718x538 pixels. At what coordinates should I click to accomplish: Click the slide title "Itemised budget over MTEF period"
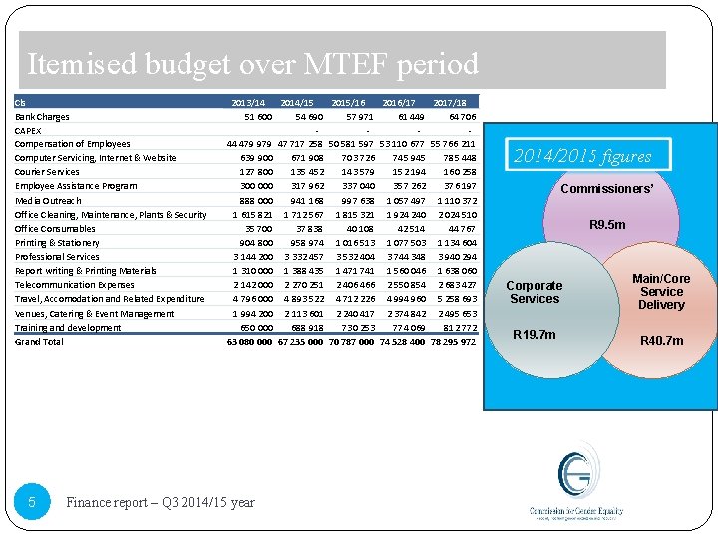tap(253, 65)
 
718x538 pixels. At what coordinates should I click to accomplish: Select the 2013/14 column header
tap(248, 102)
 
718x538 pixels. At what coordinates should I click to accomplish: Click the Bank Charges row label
tap(42, 116)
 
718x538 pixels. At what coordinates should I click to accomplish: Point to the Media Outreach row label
tap(49, 200)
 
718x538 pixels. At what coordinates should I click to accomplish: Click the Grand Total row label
tap(39, 341)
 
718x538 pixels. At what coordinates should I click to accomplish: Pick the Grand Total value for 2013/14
tap(249, 341)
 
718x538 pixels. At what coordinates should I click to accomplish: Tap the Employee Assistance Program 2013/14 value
tap(255, 186)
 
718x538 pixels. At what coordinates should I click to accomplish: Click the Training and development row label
tap(67, 327)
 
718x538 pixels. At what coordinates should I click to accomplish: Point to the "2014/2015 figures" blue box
tap(581, 156)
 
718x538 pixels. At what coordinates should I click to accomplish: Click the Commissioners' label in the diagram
tap(607, 188)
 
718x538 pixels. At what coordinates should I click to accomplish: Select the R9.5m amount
tap(607, 225)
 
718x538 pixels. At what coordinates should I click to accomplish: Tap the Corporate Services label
tap(536, 292)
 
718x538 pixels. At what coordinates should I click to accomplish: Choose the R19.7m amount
tap(534, 335)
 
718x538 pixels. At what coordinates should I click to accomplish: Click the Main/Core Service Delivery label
tap(661, 292)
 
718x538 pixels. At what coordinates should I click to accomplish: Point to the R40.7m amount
tap(662, 341)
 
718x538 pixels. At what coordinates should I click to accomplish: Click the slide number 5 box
tap(32, 503)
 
